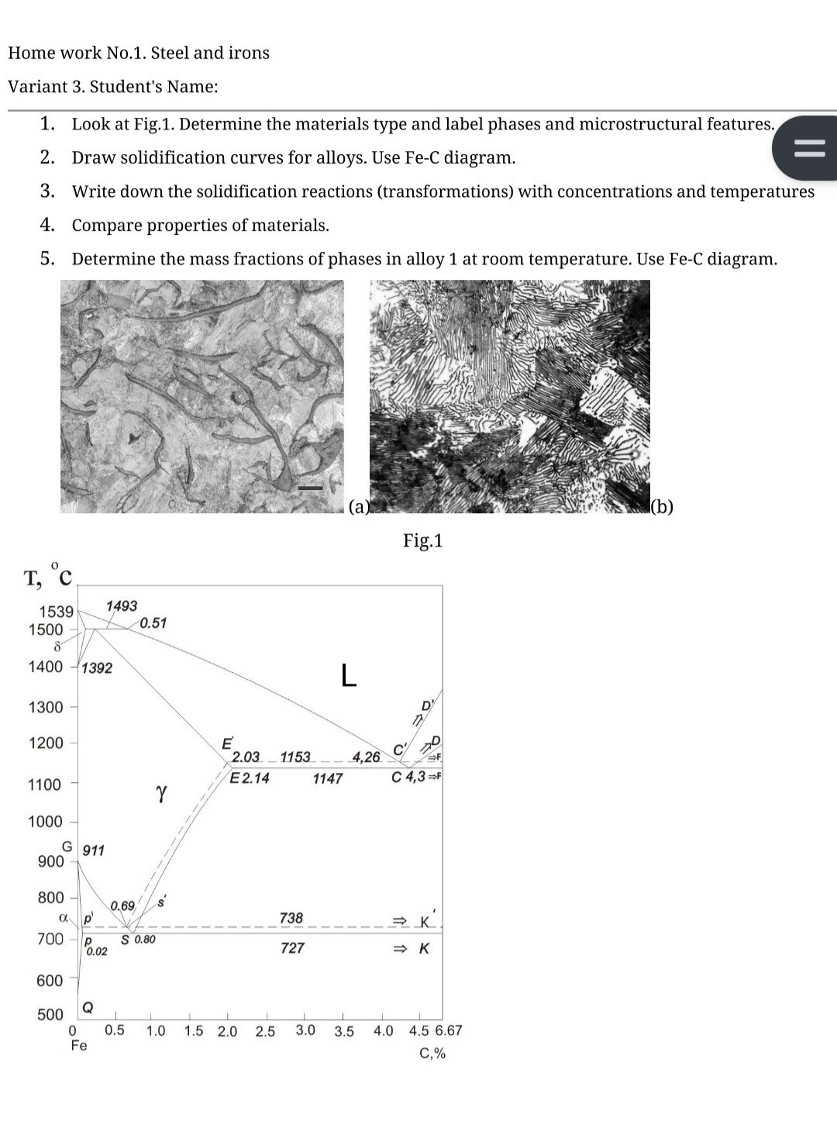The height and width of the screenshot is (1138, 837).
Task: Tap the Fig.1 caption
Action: pos(422,540)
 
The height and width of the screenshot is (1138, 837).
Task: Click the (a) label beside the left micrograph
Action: pos(359,507)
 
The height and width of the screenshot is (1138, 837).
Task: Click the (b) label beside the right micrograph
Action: pos(662,507)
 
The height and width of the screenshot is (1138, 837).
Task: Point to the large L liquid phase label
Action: pos(349,675)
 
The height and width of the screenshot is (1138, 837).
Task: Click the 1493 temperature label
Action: pos(121,605)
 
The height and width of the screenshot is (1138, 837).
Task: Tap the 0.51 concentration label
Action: pos(153,622)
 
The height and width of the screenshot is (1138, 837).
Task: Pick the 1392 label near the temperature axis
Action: pos(97,667)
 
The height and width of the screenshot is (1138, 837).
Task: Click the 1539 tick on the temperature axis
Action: pos(57,612)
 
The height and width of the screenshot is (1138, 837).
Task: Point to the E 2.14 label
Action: pos(250,778)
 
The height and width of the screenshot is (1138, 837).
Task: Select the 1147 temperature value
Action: pos(327,778)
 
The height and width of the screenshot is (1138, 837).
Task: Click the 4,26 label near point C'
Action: pos(366,757)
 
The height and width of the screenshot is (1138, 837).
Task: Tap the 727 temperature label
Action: pos(292,947)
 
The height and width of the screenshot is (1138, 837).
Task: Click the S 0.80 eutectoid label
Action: pos(139,940)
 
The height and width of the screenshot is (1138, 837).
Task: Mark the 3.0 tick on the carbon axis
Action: pos(305,1030)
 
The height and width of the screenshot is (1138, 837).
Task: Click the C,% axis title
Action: pos(432,1054)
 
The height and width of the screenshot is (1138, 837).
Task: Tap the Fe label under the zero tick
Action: pos(78,1046)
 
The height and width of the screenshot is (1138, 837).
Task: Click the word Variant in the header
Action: pos(36,87)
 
